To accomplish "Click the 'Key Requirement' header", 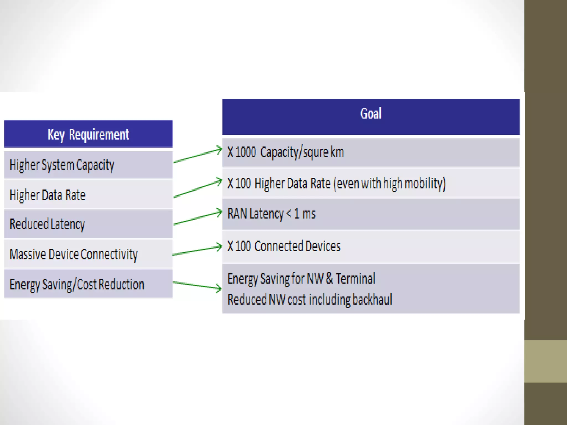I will coord(88,134).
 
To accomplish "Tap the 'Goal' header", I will coord(371,114).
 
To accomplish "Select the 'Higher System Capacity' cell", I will coord(62,165).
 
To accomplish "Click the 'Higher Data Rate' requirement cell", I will coord(48,195).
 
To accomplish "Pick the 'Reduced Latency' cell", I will coord(47,224).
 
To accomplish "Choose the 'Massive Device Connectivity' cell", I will coord(73,254).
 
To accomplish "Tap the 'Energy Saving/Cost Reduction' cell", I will coord(77,284).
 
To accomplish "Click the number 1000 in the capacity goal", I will coord(246,152).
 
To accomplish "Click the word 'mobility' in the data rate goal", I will coord(425,183).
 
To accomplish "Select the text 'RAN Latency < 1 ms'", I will coord(271,214).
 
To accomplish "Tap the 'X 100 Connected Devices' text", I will coord(284,246).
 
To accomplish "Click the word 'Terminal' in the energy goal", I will coord(355,278).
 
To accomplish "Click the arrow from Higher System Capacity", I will coord(197,156).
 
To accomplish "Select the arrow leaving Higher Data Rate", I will coord(197,189).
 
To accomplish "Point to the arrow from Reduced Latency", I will coord(197,218).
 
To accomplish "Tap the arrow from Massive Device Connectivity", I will coord(197,250).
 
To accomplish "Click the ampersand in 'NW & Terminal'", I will coord(329,278).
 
